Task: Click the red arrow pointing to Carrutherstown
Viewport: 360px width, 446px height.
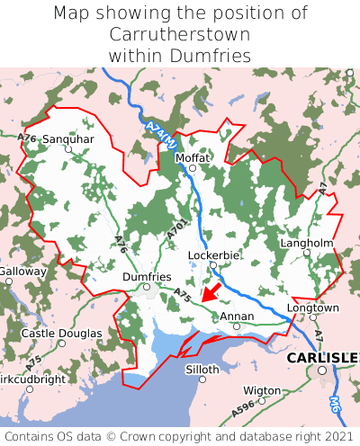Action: tap(210, 291)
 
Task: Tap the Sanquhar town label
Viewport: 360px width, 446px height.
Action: tap(67, 139)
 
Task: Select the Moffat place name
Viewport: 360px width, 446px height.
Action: tap(192, 157)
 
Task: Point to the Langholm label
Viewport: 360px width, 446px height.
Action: tap(307, 243)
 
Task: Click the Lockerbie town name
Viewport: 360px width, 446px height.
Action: tap(213, 255)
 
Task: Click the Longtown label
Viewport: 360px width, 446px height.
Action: tap(312, 308)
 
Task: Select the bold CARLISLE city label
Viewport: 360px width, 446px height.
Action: tap(322, 358)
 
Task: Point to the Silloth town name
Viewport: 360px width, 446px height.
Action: tap(202, 370)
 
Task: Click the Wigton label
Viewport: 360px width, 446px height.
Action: tap(262, 390)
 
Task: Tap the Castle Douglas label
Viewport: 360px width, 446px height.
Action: tap(61, 334)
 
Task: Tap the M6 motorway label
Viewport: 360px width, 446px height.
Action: tap(336, 406)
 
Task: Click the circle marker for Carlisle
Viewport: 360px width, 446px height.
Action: tap(321, 370)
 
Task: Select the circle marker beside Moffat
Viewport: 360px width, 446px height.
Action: tap(192, 168)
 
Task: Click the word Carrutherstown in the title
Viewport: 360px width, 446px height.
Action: tap(180, 34)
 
